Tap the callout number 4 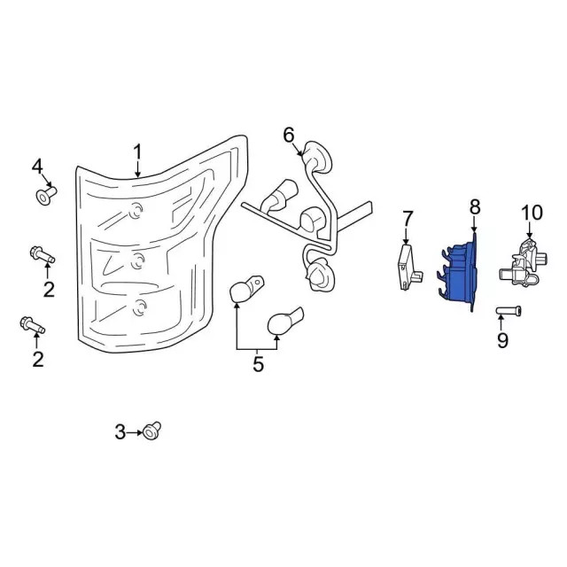click(x=37, y=167)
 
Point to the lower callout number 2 click(x=37, y=358)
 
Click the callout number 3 click(x=120, y=432)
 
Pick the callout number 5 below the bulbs click(x=289, y=135)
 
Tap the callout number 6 click(x=408, y=218)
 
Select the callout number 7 click(x=475, y=206)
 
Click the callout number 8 click(x=502, y=340)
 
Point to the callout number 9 click(x=531, y=213)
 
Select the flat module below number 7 click(x=406, y=266)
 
